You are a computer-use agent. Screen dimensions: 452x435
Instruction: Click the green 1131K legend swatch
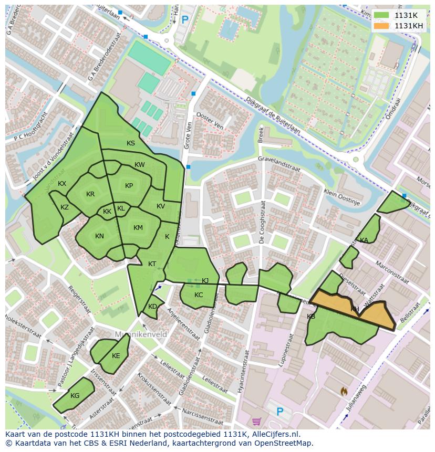(382, 15)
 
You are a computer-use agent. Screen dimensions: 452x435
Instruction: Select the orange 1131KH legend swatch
(382, 26)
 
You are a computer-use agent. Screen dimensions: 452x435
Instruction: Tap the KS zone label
(131, 143)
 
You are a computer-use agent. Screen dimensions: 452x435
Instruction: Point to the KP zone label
(129, 186)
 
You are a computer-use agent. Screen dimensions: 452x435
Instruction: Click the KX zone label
(62, 184)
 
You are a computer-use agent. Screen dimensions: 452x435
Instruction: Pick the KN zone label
(99, 236)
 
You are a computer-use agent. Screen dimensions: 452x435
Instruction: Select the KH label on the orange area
(355, 309)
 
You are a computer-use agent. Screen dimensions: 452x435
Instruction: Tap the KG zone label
(75, 396)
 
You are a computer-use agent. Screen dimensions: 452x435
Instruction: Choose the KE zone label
(116, 356)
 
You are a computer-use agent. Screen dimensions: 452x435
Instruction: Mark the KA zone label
(364, 240)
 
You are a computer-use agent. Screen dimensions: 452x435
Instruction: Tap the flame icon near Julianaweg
(344, 391)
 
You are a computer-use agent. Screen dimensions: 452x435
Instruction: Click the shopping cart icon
(256, 421)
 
